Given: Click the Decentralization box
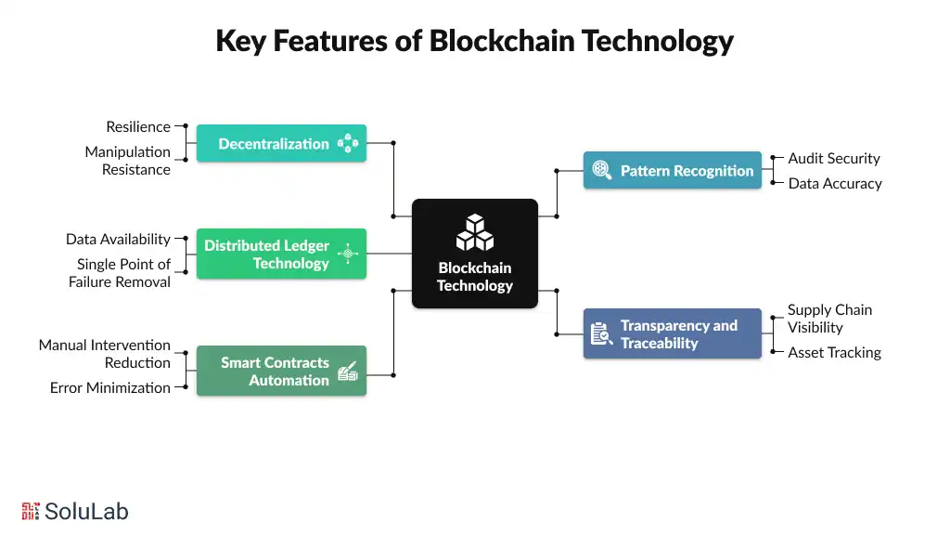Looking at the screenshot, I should pos(281,144).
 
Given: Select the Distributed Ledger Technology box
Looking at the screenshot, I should pos(281,254).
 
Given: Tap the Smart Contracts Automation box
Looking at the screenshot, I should pos(281,372).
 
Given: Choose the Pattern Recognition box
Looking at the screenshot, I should pos(673,171).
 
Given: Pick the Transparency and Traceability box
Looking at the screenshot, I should pos(673,334).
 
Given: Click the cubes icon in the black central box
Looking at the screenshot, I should pos(475,232).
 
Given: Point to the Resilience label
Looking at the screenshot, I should pos(138,126).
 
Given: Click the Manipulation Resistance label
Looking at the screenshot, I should pos(128,161).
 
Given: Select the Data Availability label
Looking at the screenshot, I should pos(118,239).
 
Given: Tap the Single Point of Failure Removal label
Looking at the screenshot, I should pos(120,273).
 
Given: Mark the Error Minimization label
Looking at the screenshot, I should pos(110,387).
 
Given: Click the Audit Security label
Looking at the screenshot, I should pos(834,159).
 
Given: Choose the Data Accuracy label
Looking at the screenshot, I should pos(835,183).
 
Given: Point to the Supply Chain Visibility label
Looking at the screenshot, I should pos(829,319).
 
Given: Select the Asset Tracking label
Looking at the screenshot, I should pos(834,352).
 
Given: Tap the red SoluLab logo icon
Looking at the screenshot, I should pos(31,511).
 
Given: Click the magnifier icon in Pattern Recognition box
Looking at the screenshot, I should pos(602,171).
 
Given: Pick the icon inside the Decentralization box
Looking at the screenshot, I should pos(348,144).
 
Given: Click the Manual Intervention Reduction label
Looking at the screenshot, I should pos(105,354).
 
